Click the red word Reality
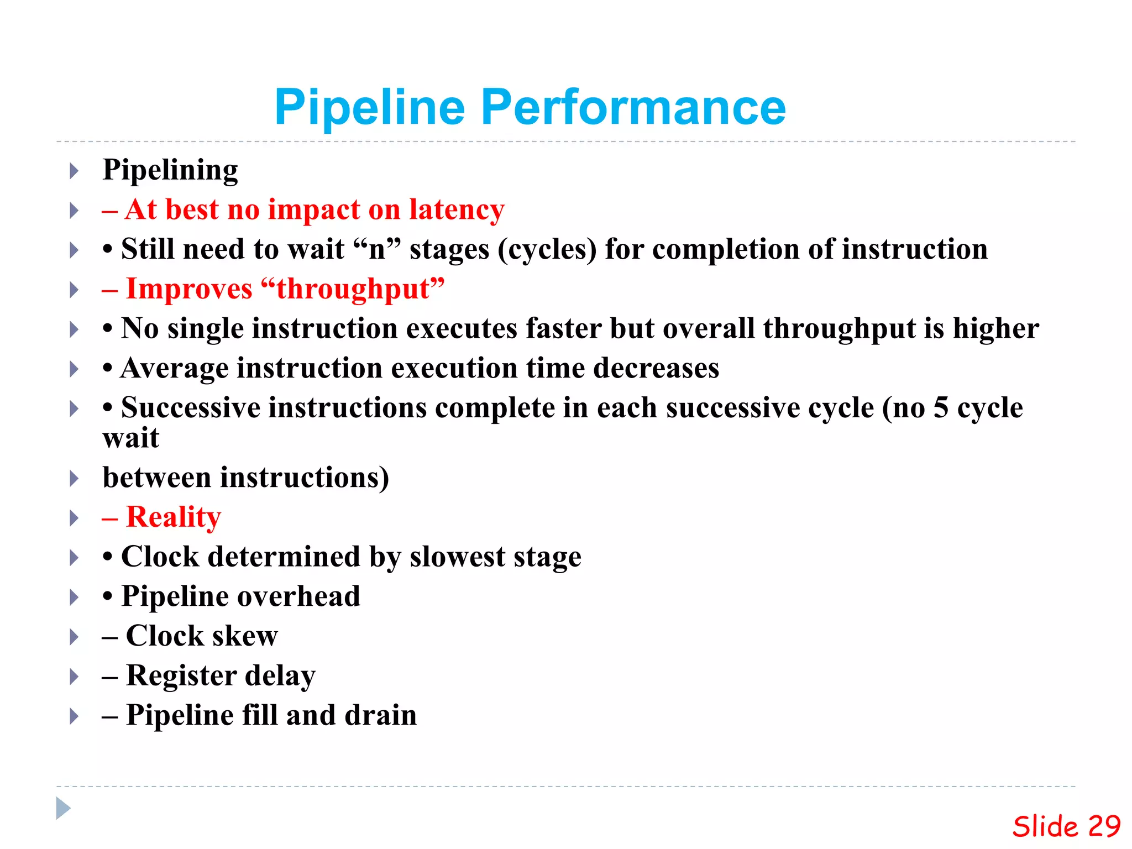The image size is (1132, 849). pyautogui.click(x=173, y=517)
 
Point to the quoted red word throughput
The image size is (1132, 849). pyautogui.click(x=353, y=289)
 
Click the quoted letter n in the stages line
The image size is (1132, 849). pyautogui.click(x=377, y=250)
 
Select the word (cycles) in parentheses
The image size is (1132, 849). pyautogui.click(x=547, y=250)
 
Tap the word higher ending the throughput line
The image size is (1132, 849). pyautogui.click(x=995, y=328)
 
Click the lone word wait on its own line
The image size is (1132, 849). pyautogui.click(x=131, y=438)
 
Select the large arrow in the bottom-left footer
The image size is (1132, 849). pyautogui.click(x=63, y=808)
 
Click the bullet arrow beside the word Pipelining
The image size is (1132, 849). pyautogui.click(x=74, y=171)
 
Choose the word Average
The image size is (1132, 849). pyautogui.click(x=174, y=369)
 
